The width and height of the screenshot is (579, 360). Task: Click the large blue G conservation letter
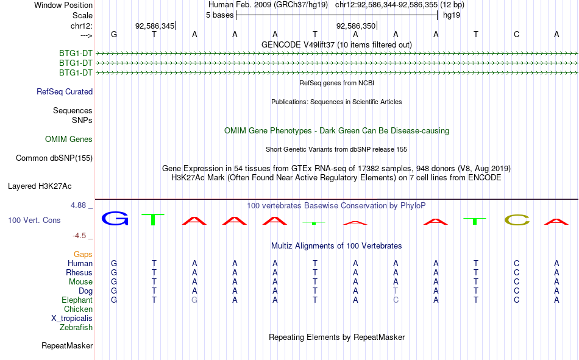pos(115,219)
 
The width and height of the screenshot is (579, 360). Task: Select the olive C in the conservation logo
pos(517,220)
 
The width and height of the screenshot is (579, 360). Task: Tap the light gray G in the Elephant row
pos(194,300)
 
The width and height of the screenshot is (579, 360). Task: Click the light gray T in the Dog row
pos(396,291)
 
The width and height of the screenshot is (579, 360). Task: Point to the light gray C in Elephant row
pos(396,300)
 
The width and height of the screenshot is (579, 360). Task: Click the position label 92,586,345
pos(155,26)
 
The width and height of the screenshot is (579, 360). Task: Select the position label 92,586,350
pos(355,26)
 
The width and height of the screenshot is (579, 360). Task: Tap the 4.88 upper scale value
pos(78,205)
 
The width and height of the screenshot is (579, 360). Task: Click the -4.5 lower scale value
pos(79,236)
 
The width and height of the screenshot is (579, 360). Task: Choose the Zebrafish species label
pos(76,328)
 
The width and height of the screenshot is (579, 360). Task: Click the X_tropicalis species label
pos(72,319)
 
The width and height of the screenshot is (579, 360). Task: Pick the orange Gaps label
pos(83,255)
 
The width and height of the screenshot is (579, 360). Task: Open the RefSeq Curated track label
pos(65,92)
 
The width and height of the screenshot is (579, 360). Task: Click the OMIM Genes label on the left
pos(69,139)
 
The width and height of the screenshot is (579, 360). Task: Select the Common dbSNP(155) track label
pos(54,158)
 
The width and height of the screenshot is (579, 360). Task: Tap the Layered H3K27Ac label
pos(40,186)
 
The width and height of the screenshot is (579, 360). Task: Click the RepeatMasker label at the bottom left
pos(67,346)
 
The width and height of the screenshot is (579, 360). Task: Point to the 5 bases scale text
pos(219,15)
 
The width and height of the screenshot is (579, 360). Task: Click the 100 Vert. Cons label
pos(34,221)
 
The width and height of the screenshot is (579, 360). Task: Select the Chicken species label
pos(78,309)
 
